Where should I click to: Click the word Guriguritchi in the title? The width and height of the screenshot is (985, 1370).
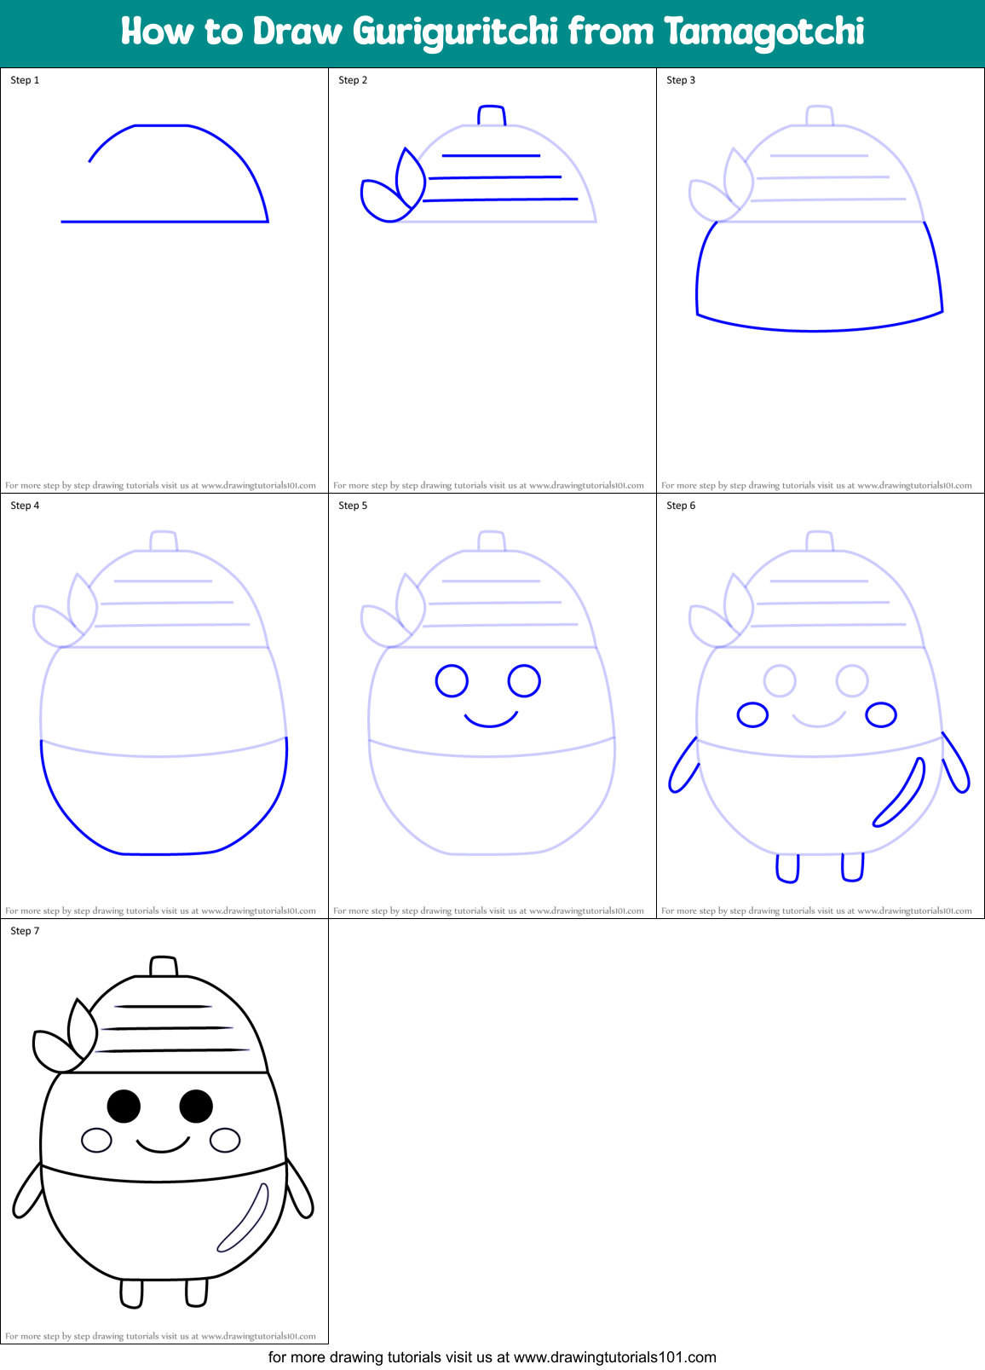455,32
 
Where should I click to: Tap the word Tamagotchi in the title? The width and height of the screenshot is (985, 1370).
764,32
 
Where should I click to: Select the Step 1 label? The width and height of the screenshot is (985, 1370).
25,80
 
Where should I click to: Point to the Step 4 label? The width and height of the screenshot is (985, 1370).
25,506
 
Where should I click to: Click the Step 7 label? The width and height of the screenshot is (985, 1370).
25,931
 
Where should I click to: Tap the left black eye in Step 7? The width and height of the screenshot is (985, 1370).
124,1107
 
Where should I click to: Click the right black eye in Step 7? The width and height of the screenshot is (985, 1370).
196,1107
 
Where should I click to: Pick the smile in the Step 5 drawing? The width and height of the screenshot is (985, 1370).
491,720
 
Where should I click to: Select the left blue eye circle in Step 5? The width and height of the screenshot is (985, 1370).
452,681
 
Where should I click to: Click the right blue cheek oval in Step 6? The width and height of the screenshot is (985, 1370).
881,714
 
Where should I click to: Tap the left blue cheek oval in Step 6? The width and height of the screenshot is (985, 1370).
752,714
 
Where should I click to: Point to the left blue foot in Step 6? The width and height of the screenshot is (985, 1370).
787,868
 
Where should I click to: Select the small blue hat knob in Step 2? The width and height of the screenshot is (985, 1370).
492,115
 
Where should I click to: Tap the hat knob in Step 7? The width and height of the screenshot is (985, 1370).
164,966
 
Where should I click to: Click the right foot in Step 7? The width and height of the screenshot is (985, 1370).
197,1292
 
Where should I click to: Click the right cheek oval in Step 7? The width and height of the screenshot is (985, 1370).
225,1140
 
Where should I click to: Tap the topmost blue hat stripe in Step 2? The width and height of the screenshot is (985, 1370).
491,156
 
